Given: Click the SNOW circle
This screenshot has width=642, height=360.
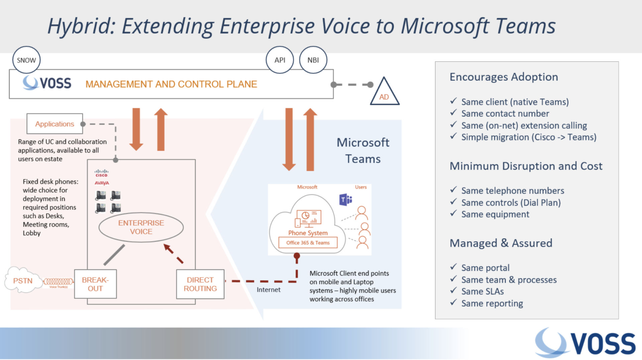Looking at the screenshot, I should pos(26,60).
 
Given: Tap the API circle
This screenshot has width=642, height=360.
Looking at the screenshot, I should pos(280,60).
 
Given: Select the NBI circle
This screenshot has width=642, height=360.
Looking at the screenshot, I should pos(313,60).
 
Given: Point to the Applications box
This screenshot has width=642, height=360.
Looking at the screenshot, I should pos(55,124).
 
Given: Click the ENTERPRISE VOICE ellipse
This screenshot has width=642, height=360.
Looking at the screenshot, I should pos(141,227).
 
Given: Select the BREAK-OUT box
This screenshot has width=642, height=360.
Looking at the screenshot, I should pos(95,284).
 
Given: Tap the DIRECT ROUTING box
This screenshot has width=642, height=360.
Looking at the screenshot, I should pos(200,284).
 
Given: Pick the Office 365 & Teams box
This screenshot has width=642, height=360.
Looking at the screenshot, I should pos(308,243).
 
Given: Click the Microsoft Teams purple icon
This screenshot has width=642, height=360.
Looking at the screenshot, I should pos(345,200).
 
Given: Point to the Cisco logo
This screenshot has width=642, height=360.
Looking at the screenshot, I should pos(101,173).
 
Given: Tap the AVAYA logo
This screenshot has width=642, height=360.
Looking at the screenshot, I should pos(102,183).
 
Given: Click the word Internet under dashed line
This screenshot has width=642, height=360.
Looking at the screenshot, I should pos(269,290).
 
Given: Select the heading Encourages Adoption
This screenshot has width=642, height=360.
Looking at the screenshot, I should pos(504,77).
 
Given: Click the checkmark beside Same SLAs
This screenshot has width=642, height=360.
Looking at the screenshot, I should pos(453,290).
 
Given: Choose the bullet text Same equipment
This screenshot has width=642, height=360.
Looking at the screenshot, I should pos(495,214).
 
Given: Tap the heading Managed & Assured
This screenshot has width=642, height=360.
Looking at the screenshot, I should pos(501,243).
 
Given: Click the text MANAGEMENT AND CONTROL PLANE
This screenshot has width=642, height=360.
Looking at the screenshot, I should pos(171,84).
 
